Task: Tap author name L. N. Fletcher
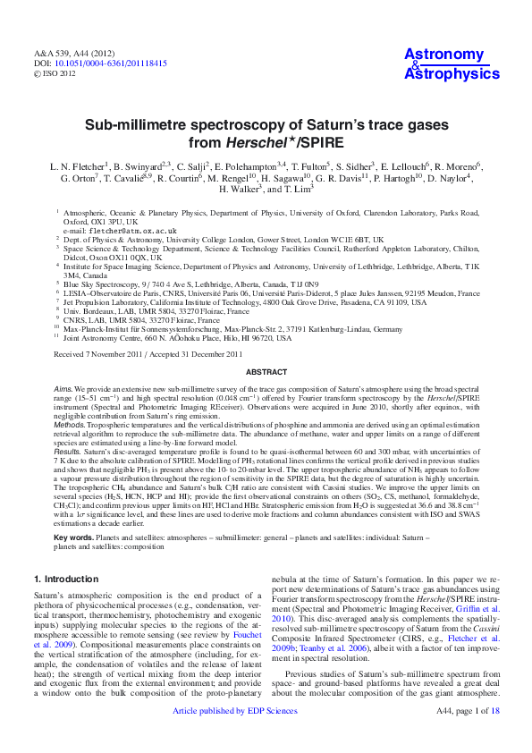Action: [79, 166]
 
